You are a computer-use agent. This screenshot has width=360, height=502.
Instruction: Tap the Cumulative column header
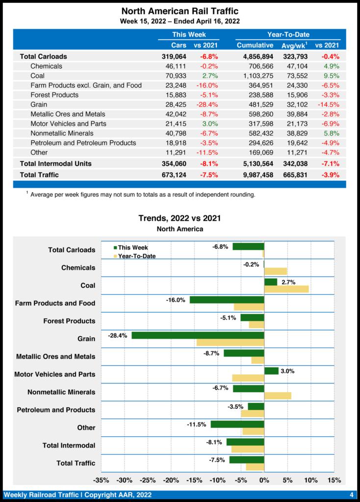pyautogui.click(x=255, y=45)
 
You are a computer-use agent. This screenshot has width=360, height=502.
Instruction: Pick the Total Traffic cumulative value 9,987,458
pyautogui.click(x=255, y=175)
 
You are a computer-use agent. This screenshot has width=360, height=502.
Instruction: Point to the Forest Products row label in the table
pyautogui.click(x=54, y=95)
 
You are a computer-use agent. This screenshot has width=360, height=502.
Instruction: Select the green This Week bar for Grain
pyautogui.click(x=198, y=336)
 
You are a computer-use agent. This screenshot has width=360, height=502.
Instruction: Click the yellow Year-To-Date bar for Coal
pyautogui.click(x=286, y=289)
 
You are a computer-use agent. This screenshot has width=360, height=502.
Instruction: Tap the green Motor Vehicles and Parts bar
pyautogui.click(x=271, y=371)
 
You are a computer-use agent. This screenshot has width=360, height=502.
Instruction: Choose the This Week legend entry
pyautogui.click(x=130, y=248)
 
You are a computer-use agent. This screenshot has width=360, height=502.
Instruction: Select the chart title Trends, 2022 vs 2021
pyautogui.click(x=180, y=218)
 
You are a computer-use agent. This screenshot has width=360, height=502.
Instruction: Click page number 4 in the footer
pyautogui.click(x=352, y=495)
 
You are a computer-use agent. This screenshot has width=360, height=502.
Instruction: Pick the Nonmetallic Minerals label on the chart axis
pyautogui.click(x=61, y=392)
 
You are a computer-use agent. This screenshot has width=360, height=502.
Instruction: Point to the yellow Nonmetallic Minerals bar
pyautogui.click(x=278, y=396)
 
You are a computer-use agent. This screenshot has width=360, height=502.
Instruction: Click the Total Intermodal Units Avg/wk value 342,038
pyautogui.click(x=294, y=163)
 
